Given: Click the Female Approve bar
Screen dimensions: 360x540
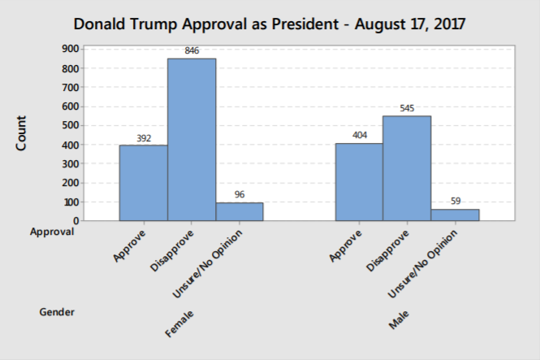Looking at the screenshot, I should click(143, 183).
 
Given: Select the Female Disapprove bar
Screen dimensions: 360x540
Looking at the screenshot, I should click(192, 139).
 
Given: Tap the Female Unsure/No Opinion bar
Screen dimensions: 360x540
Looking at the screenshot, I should click(240, 211).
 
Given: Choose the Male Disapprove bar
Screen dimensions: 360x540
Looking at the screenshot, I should click(407, 168).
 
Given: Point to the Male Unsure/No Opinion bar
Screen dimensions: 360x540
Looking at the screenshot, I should click(455, 215).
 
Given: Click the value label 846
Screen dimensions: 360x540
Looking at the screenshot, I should click(192, 50).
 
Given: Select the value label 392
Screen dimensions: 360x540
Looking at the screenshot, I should click(143, 137).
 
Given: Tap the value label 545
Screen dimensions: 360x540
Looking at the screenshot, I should click(407, 108).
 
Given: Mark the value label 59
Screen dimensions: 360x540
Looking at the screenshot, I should click(455, 202).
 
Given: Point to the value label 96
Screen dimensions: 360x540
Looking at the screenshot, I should click(240, 194).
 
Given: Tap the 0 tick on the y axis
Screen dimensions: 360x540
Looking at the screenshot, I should click(75, 221).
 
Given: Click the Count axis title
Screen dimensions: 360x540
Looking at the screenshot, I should click(22, 133).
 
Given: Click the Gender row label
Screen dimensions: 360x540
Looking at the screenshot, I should click(57, 311).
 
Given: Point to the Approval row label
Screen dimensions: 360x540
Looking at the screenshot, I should click(52, 232).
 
